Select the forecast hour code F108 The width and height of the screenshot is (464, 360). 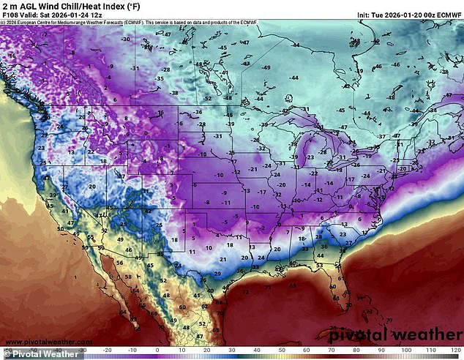click(10, 15)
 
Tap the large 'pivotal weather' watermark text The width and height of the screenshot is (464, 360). click(395, 334)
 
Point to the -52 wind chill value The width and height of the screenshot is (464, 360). click(208, 98)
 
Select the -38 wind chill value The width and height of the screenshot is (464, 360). click(174, 93)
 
